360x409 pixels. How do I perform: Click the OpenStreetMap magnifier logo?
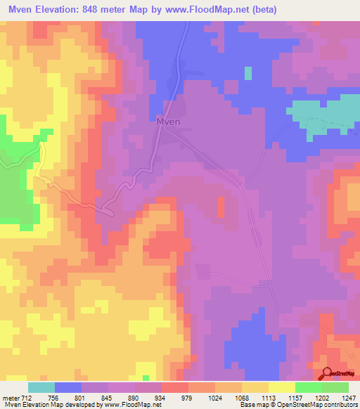[x=328, y=375]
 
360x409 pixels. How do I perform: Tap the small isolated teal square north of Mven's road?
[x=247, y=73]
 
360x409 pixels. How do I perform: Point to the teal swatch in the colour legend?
[x=41, y=387]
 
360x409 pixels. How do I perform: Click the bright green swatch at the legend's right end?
[x=335, y=387]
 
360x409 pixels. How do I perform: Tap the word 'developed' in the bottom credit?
[x=82, y=405]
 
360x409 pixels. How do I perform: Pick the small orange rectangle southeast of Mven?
[x=221, y=207]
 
